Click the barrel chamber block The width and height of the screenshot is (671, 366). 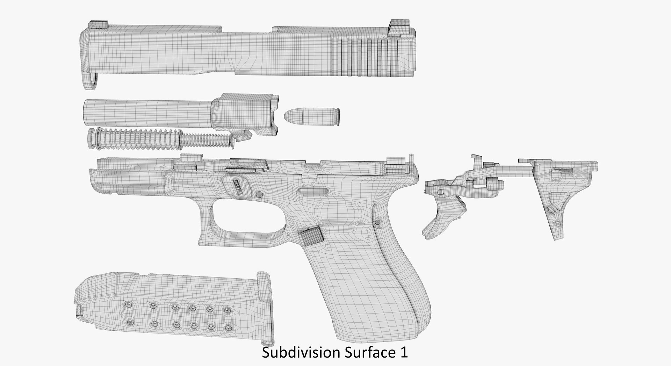click(245, 112)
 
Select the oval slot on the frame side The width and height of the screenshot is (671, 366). click(313, 191)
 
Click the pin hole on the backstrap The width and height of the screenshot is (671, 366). click(377, 222)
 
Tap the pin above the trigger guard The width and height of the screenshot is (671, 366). click(259, 194)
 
